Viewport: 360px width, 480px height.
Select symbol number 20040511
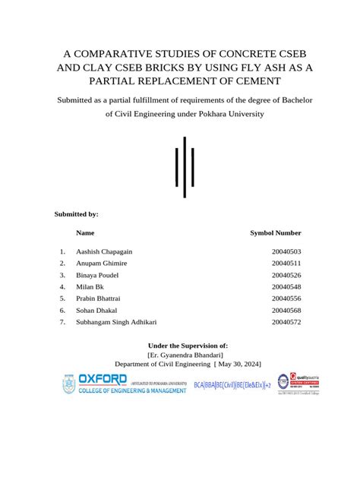coord(286,263)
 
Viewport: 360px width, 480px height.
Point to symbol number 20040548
coord(286,287)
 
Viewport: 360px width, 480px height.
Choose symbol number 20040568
coord(286,311)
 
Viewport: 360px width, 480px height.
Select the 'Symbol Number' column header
coord(276,232)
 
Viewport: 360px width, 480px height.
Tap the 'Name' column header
coord(86,232)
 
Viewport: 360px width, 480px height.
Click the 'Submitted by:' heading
coord(77,214)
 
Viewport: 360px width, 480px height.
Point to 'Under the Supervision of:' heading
coord(185,345)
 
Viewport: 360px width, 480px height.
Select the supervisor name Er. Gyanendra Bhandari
coord(185,354)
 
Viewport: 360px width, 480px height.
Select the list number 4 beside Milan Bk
coord(62,287)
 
